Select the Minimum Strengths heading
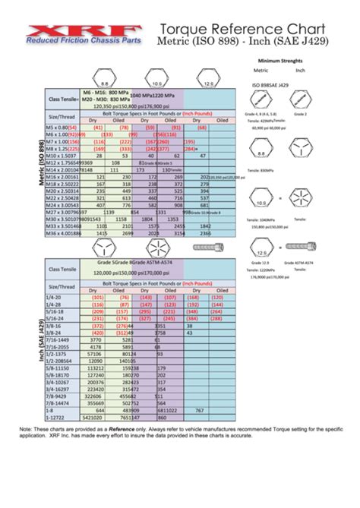coord(280,59)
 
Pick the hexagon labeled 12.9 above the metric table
coord(208,77)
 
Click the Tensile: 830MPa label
coord(264,170)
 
